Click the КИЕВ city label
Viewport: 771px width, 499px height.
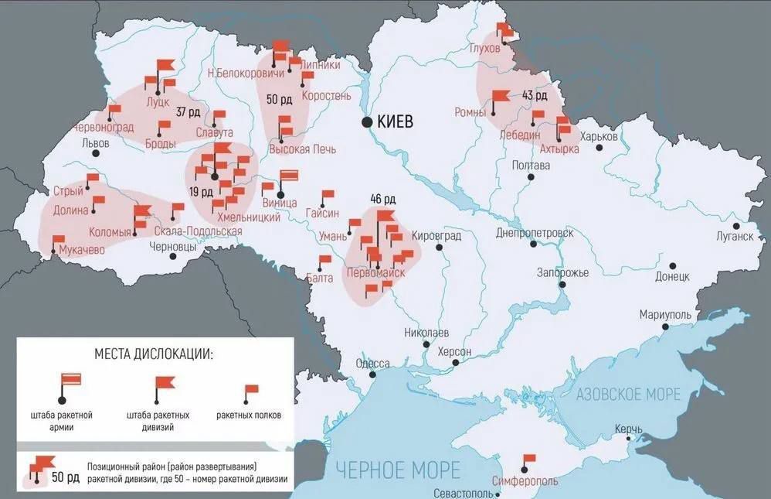[396, 121]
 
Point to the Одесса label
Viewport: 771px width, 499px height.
[372, 364]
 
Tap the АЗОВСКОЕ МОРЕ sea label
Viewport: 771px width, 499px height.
[628, 394]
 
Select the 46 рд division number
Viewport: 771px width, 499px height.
[383, 198]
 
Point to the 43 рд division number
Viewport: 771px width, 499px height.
[534, 96]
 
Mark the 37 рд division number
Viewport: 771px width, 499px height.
[188, 111]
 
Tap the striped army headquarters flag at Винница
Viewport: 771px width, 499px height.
[288, 176]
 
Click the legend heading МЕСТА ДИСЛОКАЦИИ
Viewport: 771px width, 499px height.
[154, 354]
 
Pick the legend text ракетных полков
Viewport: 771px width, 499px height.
[249, 415]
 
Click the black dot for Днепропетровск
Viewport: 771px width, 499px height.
[533, 244]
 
